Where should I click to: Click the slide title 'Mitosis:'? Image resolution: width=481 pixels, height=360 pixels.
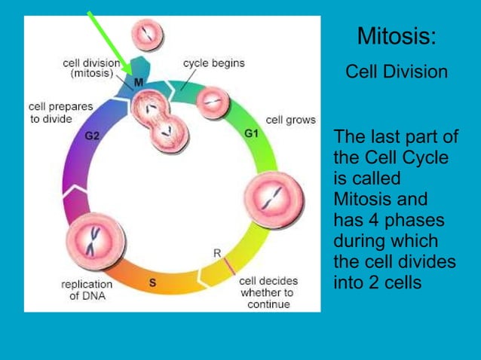pos(396,35)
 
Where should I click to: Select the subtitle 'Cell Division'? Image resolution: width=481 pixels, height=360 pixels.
pos(396,72)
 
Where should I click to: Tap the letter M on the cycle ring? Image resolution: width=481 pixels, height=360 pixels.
pos(139,82)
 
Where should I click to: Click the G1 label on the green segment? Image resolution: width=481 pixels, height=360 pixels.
pos(252,133)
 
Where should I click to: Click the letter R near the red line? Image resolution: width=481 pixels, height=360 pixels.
pos(217,253)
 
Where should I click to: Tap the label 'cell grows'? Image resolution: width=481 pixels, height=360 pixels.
pos(290,121)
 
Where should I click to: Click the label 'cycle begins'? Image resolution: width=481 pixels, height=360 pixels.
pos(213,63)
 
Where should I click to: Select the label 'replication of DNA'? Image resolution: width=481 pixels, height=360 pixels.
pos(86,290)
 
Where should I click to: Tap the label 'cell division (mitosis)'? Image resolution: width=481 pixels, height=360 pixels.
pos(91,69)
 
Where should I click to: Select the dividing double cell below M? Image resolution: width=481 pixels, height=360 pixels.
pos(160,124)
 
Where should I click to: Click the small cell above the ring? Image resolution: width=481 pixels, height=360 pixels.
pos(146,32)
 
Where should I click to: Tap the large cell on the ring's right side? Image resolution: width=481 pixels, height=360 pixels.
pos(274,198)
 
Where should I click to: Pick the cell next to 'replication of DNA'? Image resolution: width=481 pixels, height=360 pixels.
pos(94,239)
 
